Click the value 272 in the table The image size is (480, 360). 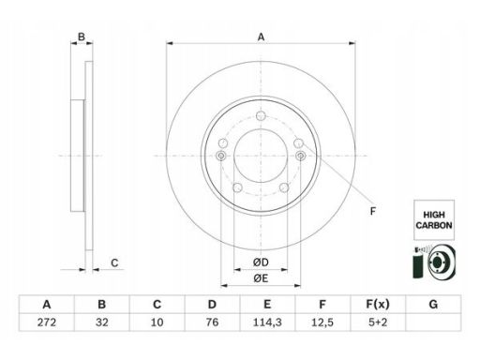tap(47, 322)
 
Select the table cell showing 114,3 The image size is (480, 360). tap(267, 322)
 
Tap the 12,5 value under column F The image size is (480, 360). tap(322, 322)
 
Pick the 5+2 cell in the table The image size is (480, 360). tap(378, 322)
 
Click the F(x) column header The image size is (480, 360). tap(378, 304)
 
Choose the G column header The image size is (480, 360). tap(433, 304)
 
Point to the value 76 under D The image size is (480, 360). tap(212, 322)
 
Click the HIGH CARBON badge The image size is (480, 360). tap(434, 220)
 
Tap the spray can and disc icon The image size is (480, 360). tap(434, 262)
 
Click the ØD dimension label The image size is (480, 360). tap(261, 262)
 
